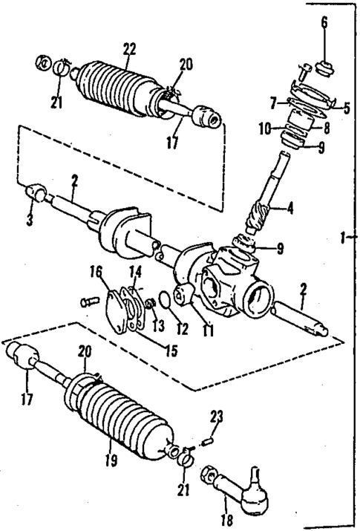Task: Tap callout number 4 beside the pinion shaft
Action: (290, 209)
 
